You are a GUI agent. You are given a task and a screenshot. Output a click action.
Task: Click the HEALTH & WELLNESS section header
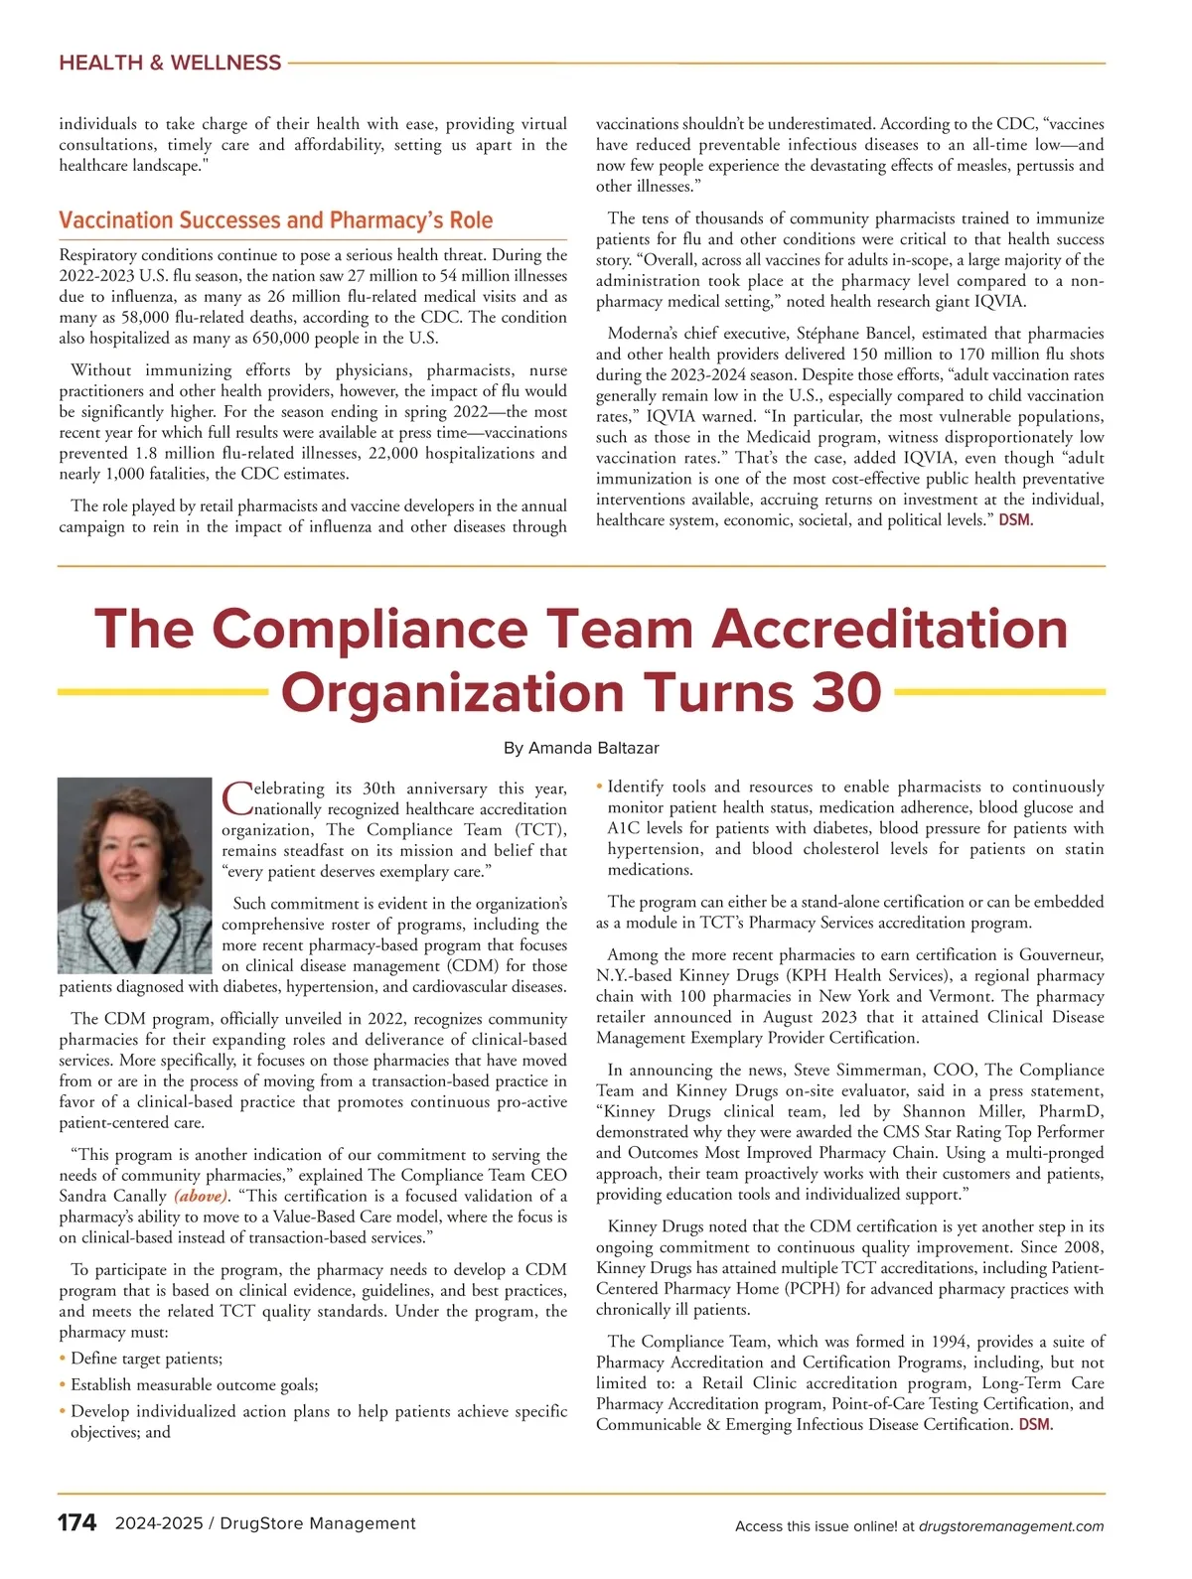pos(170,63)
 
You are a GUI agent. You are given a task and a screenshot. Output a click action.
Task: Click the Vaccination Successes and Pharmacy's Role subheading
pos(275,219)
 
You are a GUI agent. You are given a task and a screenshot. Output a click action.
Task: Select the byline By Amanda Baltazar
pos(581,748)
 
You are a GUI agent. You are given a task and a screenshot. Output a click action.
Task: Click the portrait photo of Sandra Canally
pos(135,875)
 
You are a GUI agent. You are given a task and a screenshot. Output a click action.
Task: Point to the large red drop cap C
pos(237,797)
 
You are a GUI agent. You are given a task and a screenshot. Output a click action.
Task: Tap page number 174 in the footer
pos(76,1523)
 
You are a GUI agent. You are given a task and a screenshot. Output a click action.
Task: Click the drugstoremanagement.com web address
pos(1011,1526)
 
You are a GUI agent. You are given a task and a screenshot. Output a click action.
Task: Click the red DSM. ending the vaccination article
pos(1015,520)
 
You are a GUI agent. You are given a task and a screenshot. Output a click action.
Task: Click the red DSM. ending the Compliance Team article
pos(1036,1425)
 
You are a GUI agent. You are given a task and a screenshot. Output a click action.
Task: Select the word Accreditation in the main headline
pos(890,630)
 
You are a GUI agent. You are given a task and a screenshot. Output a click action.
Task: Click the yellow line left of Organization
pos(163,691)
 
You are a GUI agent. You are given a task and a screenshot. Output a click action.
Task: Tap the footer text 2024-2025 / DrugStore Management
pos(265,1523)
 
